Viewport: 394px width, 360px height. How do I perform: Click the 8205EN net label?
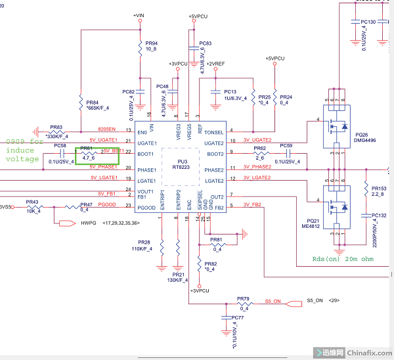(x=107, y=129)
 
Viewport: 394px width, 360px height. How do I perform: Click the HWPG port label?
(x=88, y=223)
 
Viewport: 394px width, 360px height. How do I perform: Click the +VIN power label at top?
(x=139, y=15)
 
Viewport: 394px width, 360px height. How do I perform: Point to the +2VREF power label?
(x=215, y=63)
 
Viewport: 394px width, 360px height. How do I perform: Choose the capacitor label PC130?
(x=368, y=22)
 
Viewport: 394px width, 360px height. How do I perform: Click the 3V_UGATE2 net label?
(x=256, y=140)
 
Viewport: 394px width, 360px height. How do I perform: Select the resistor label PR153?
(x=379, y=188)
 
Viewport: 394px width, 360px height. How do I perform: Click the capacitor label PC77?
(x=237, y=317)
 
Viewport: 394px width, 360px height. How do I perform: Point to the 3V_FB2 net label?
(x=252, y=204)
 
